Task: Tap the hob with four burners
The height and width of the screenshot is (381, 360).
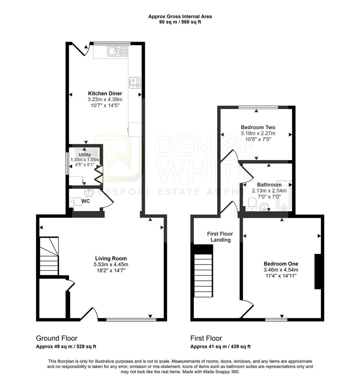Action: tap(135, 83)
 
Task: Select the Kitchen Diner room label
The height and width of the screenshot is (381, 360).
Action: tap(105, 93)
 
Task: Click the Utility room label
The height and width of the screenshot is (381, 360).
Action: tap(85, 155)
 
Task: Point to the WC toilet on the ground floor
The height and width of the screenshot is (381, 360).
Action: tap(74, 202)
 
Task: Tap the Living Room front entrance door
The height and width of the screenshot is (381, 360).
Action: tap(89, 314)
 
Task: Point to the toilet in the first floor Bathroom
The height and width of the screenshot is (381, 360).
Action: tap(252, 202)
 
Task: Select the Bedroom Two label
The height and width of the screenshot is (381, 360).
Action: tap(258, 127)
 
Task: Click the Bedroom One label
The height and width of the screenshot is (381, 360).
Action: tap(281, 264)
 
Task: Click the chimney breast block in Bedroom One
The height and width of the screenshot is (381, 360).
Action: tap(318, 271)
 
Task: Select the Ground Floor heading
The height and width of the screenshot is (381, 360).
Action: tap(56, 338)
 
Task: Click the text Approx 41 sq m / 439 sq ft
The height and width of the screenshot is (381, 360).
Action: tap(220, 346)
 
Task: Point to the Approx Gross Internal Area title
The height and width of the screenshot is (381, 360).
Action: tap(180, 16)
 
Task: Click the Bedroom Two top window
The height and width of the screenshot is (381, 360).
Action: tap(258, 107)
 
